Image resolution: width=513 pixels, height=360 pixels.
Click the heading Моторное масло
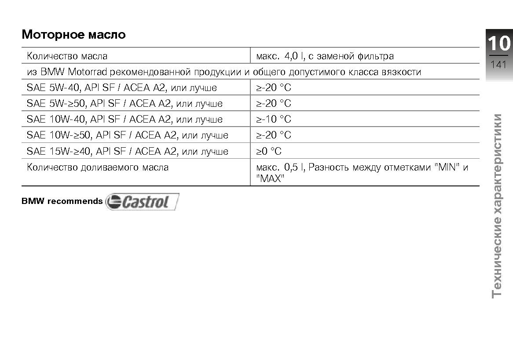pos(73,34)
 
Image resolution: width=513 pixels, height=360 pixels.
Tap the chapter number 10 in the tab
pos(499,44)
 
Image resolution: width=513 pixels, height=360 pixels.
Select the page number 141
pos(498,65)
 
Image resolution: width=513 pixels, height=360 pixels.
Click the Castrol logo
pos(142,202)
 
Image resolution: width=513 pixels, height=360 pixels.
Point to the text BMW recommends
pos(62,201)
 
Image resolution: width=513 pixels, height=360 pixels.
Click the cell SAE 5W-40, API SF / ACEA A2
pos(122,87)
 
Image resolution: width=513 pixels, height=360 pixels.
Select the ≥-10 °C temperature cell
pos(274,119)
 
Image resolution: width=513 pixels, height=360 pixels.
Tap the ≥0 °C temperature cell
pos(269,151)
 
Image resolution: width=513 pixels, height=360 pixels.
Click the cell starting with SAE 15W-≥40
pos(128,151)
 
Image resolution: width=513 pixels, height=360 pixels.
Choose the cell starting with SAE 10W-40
pos(125,119)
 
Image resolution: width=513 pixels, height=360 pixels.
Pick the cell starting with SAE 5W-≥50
pos(125,103)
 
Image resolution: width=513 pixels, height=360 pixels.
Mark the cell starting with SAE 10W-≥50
pos(128,135)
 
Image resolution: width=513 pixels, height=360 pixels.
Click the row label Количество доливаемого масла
pos(98,167)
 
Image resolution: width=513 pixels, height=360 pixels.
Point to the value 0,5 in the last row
pos(291,167)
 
